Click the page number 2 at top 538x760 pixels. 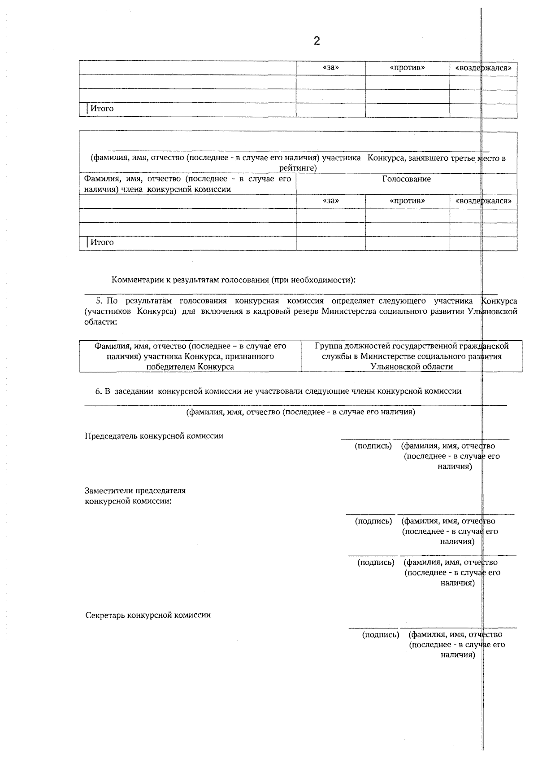coord(317,41)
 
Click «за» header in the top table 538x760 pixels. coord(330,68)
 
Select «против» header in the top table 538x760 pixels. coord(407,68)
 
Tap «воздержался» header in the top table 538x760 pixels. coord(483,68)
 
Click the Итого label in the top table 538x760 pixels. coord(102,109)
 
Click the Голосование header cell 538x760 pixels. coord(406,179)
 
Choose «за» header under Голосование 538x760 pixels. coord(330,201)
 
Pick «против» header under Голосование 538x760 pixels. coord(407,201)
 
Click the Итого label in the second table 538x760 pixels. coord(102,242)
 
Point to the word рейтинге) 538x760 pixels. coord(298,168)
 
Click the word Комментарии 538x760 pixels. coord(135,280)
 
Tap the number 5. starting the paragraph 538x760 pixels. coord(100,301)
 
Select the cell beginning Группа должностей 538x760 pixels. coord(412,356)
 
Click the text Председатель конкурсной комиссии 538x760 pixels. coord(154,436)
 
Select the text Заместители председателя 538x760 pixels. coord(135,491)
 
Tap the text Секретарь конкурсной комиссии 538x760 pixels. coord(148,615)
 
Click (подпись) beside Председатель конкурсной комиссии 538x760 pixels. coord(373,446)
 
